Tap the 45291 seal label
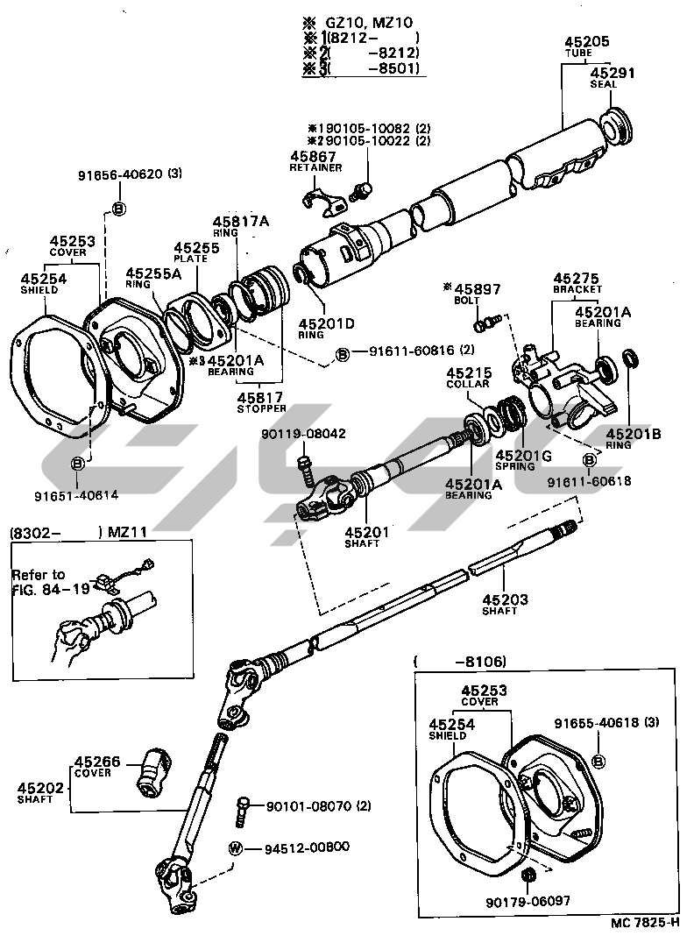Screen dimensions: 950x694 click(612, 74)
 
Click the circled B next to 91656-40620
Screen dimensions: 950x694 click(119, 208)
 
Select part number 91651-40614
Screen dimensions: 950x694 click(76, 495)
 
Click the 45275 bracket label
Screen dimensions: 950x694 click(577, 277)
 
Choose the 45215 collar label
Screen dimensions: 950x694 click(468, 373)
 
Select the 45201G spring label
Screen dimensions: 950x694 click(522, 456)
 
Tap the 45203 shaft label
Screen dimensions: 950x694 click(506, 601)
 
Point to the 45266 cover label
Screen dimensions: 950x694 click(98, 763)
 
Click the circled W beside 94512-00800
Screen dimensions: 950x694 click(235, 847)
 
